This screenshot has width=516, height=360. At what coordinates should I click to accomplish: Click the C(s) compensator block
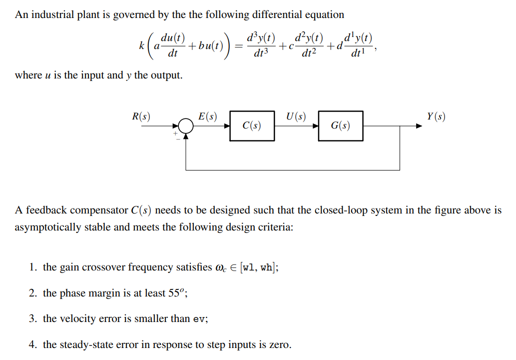252,126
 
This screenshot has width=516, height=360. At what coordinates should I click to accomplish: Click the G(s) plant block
341,126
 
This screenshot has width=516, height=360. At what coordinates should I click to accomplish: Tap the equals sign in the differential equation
239,46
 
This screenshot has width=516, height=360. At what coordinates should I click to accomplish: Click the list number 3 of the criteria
33,319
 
